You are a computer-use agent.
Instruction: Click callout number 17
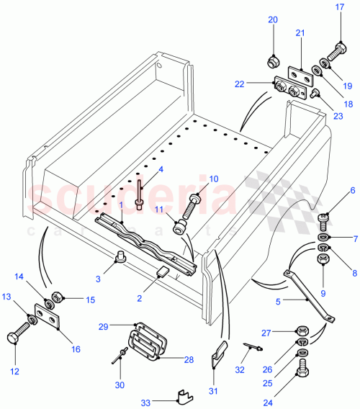[x=341, y=8]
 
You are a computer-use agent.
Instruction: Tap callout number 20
[x=273, y=20]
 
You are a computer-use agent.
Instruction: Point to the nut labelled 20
[x=273, y=58]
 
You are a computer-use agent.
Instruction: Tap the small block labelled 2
[x=163, y=272]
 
